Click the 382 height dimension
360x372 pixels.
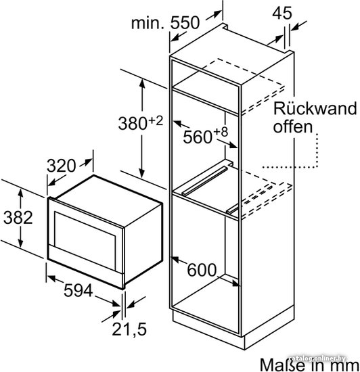click(18, 217)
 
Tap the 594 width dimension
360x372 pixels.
click(78, 290)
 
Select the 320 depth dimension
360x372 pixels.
click(61, 166)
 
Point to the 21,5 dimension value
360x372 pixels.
click(129, 329)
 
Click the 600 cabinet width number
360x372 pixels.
click(202, 270)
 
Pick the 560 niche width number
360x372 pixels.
click(198, 137)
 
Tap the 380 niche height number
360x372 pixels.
click(133, 123)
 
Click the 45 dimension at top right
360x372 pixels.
click(282, 13)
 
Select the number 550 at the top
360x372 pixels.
click(185, 23)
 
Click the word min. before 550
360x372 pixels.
click(148, 23)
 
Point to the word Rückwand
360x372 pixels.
click(315, 108)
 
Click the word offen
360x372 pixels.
click(292, 126)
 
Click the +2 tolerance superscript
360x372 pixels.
click(156, 121)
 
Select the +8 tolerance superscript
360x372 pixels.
click(221, 132)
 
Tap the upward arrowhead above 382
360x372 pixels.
click(21, 193)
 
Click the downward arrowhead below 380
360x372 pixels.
click(142, 173)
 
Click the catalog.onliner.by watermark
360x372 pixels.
click(317, 358)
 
